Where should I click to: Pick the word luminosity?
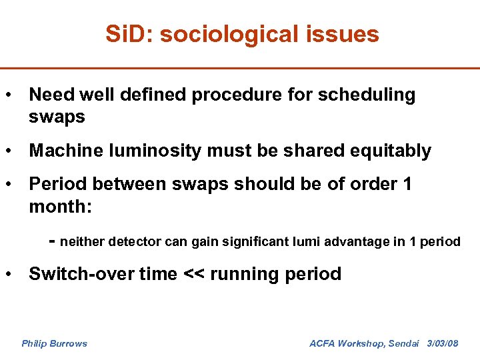tap(151, 151)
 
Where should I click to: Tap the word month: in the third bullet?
tap(61, 207)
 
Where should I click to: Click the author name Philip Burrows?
tap(54, 344)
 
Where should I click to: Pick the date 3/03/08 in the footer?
tap(442, 344)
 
